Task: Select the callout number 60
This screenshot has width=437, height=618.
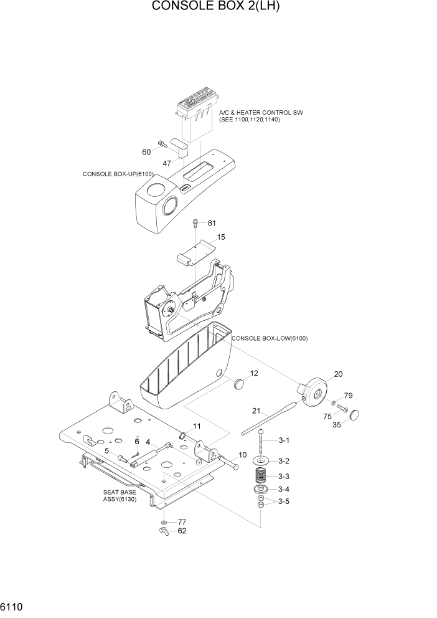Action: pyautogui.click(x=146, y=152)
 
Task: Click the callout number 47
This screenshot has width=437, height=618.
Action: pyautogui.click(x=167, y=163)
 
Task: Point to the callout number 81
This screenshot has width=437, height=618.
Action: pyautogui.click(x=211, y=223)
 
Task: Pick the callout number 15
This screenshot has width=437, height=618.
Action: pyautogui.click(x=221, y=237)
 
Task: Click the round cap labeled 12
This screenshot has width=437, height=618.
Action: pyautogui.click(x=239, y=383)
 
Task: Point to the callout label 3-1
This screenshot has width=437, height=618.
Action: pyautogui.click(x=284, y=440)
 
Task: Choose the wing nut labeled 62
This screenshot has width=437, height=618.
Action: pyautogui.click(x=163, y=531)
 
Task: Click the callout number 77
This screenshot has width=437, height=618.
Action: pyautogui.click(x=182, y=522)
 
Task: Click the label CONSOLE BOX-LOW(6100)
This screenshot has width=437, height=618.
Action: pyautogui.click(x=270, y=338)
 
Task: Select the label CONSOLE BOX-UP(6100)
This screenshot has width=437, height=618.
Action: pyautogui.click(x=118, y=174)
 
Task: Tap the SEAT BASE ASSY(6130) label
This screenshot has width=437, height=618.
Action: pyautogui.click(x=120, y=495)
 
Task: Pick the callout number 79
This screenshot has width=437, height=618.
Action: pyautogui.click(x=349, y=396)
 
